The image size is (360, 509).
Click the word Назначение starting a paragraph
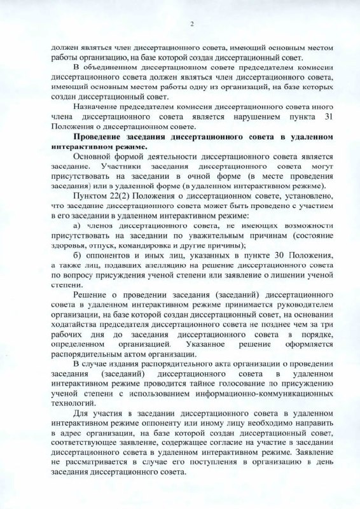(97, 108)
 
